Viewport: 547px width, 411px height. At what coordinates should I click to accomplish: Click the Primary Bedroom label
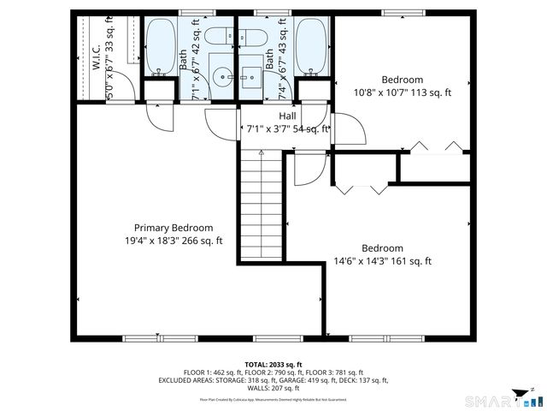174,228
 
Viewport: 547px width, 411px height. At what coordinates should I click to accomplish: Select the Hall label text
287,116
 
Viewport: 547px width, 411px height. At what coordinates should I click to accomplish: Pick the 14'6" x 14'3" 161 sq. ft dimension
382,261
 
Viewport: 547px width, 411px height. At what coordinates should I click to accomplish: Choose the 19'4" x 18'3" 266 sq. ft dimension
174,241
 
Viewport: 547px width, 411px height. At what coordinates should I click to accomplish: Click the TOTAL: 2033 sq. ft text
273,365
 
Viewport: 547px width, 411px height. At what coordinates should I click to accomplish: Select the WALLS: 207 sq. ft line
273,388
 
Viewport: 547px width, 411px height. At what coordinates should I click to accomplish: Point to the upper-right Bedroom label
403,80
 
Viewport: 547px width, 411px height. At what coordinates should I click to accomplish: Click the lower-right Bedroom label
382,248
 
